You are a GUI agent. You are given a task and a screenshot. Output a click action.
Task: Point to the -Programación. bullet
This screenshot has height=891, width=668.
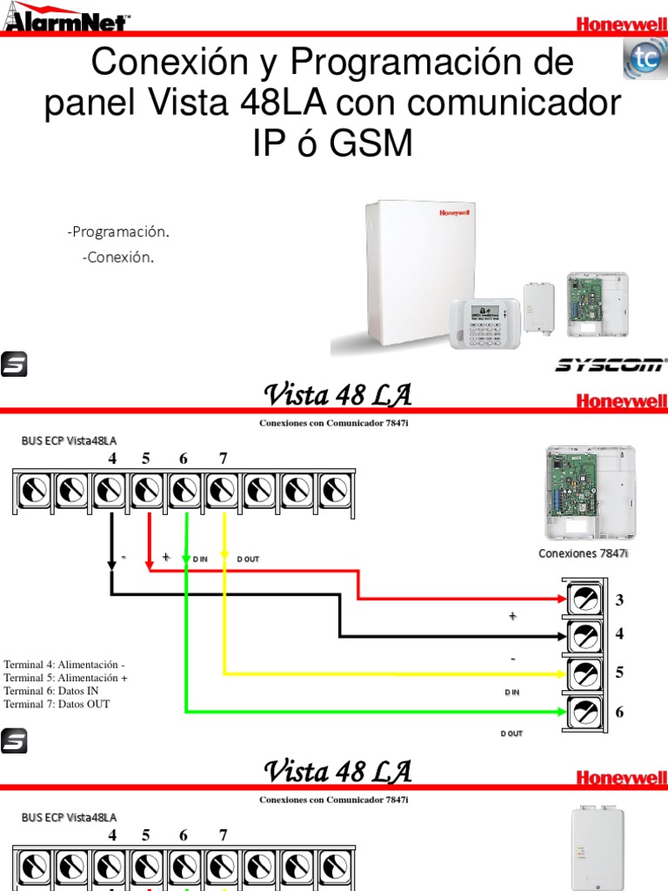pos(117,232)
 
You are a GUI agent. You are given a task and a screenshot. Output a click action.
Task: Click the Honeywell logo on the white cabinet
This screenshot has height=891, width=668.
pos(454,211)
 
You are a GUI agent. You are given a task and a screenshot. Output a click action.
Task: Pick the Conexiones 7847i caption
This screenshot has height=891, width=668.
pos(583,553)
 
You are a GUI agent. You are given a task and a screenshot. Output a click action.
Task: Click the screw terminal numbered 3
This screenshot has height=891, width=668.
pos(585,600)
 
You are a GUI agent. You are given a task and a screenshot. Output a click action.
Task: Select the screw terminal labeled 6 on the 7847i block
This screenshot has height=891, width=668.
pos(585,712)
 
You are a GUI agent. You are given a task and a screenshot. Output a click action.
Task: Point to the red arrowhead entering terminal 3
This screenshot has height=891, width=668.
pos(561,600)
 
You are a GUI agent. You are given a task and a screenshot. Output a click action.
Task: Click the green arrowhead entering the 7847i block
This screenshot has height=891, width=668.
pos(561,712)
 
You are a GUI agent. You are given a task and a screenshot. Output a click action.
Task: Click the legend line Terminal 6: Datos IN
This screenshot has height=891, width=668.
pos(51,690)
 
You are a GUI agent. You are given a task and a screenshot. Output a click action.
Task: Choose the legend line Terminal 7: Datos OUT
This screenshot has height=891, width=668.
pos(57,704)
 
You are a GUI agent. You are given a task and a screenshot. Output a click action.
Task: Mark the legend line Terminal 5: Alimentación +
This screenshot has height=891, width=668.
pos(65,677)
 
